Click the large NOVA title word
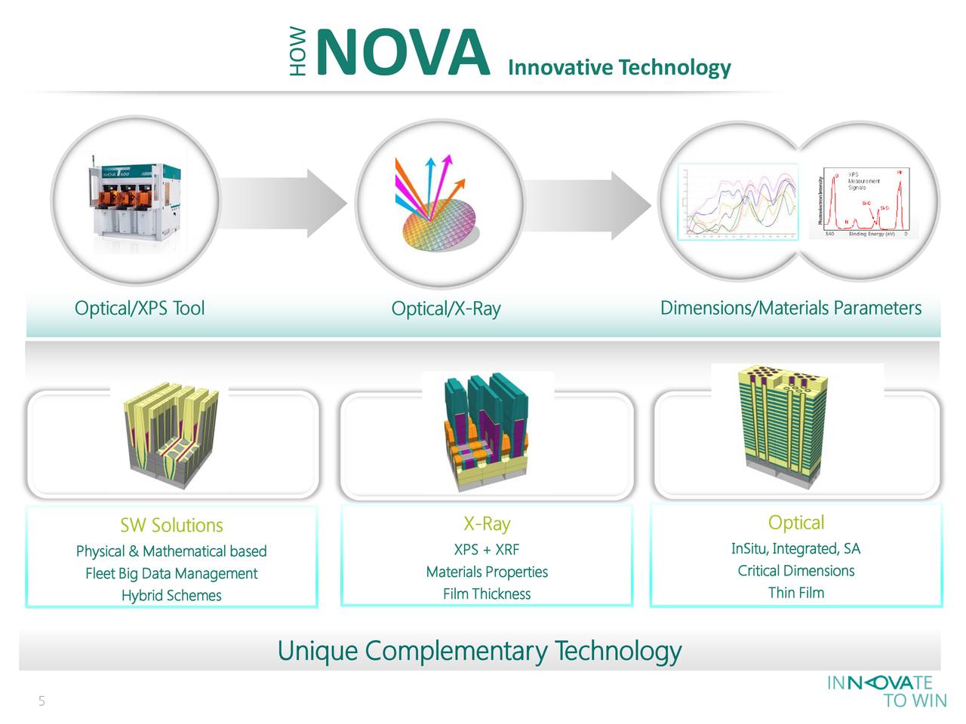[402, 54]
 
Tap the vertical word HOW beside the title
[300, 52]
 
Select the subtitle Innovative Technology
[619, 68]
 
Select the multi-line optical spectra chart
[738, 201]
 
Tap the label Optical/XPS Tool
[140, 308]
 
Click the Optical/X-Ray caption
[445, 309]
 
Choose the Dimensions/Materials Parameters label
[790, 308]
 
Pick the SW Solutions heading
[171, 526]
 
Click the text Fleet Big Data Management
[171, 574]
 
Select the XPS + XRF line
[486, 550]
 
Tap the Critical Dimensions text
[795, 571]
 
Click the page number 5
[42, 702]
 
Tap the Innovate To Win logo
[887, 692]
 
